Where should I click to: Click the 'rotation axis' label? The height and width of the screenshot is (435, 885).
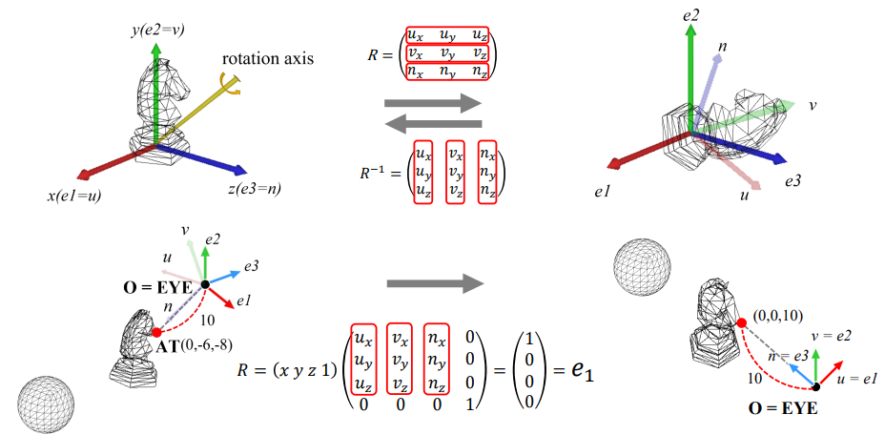coord(268,59)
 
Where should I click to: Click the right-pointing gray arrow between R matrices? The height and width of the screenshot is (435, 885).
coord(433,102)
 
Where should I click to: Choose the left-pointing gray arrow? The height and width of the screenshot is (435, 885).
coord(433,124)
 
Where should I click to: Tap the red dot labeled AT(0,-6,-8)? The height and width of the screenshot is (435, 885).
coord(156,332)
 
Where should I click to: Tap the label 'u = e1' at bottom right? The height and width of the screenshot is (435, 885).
coord(856,380)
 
